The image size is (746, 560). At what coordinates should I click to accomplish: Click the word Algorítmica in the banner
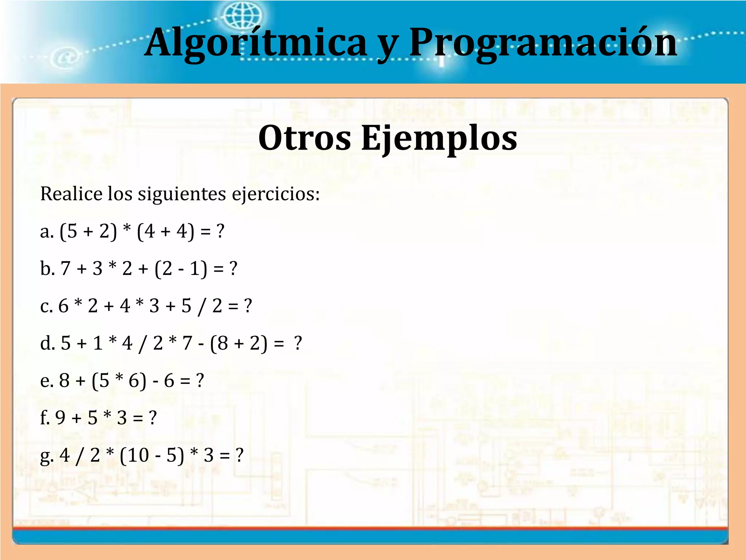point(255,43)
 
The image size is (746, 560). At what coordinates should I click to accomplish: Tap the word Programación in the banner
point(543,43)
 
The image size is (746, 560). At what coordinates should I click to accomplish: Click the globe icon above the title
point(242,15)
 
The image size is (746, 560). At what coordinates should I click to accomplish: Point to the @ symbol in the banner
point(66,58)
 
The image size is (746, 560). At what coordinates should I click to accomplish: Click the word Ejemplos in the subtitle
point(439,139)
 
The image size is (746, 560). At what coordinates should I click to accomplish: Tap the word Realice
point(71,194)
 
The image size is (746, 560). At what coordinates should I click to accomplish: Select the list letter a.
point(47,232)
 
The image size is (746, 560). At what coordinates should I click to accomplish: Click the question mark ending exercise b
point(233,269)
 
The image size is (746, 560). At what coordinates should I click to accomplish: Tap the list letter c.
point(46,306)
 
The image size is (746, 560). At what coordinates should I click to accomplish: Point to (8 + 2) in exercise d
point(239,343)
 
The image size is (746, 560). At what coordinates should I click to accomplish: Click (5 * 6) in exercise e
point(119,381)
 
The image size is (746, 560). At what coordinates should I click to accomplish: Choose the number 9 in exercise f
point(60,418)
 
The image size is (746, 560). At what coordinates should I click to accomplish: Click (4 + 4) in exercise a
point(165,232)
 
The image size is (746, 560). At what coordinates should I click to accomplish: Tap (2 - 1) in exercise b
point(181,269)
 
